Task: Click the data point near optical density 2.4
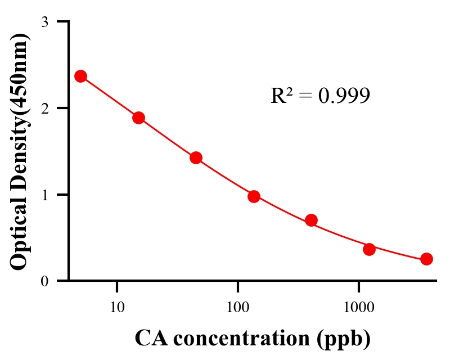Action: (x=80, y=76)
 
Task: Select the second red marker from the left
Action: (x=138, y=118)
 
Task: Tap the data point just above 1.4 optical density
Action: (x=196, y=157)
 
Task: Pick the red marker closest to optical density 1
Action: (x=254, y=196)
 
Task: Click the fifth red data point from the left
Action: (x=311, y=220)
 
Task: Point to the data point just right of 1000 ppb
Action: (x=369, y=249)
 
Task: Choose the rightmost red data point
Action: (x=426, y=259)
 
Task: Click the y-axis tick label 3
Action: (x=44, y=22)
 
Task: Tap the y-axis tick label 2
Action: (x=44, y=108)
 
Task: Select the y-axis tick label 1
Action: (x=44, y=195)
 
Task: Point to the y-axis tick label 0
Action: (x=44, y=281)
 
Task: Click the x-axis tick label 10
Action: (x=117, y=308)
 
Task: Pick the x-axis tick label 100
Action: (x=237, y=308)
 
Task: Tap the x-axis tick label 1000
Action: (x=358, y=308)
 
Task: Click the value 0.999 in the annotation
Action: (x=344, y=96)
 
